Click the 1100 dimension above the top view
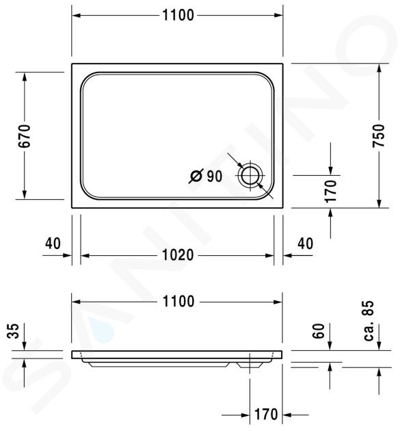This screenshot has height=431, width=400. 178,15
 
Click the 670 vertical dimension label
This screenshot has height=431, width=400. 24,136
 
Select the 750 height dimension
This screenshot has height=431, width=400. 379,135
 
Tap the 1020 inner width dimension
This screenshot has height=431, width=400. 178,255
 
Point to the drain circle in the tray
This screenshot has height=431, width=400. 250,175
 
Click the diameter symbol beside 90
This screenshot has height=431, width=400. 196,176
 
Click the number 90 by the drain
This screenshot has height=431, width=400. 215,177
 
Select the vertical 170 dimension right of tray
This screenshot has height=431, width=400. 330,192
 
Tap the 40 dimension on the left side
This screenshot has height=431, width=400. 53,244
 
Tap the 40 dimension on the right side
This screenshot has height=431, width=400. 305,244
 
